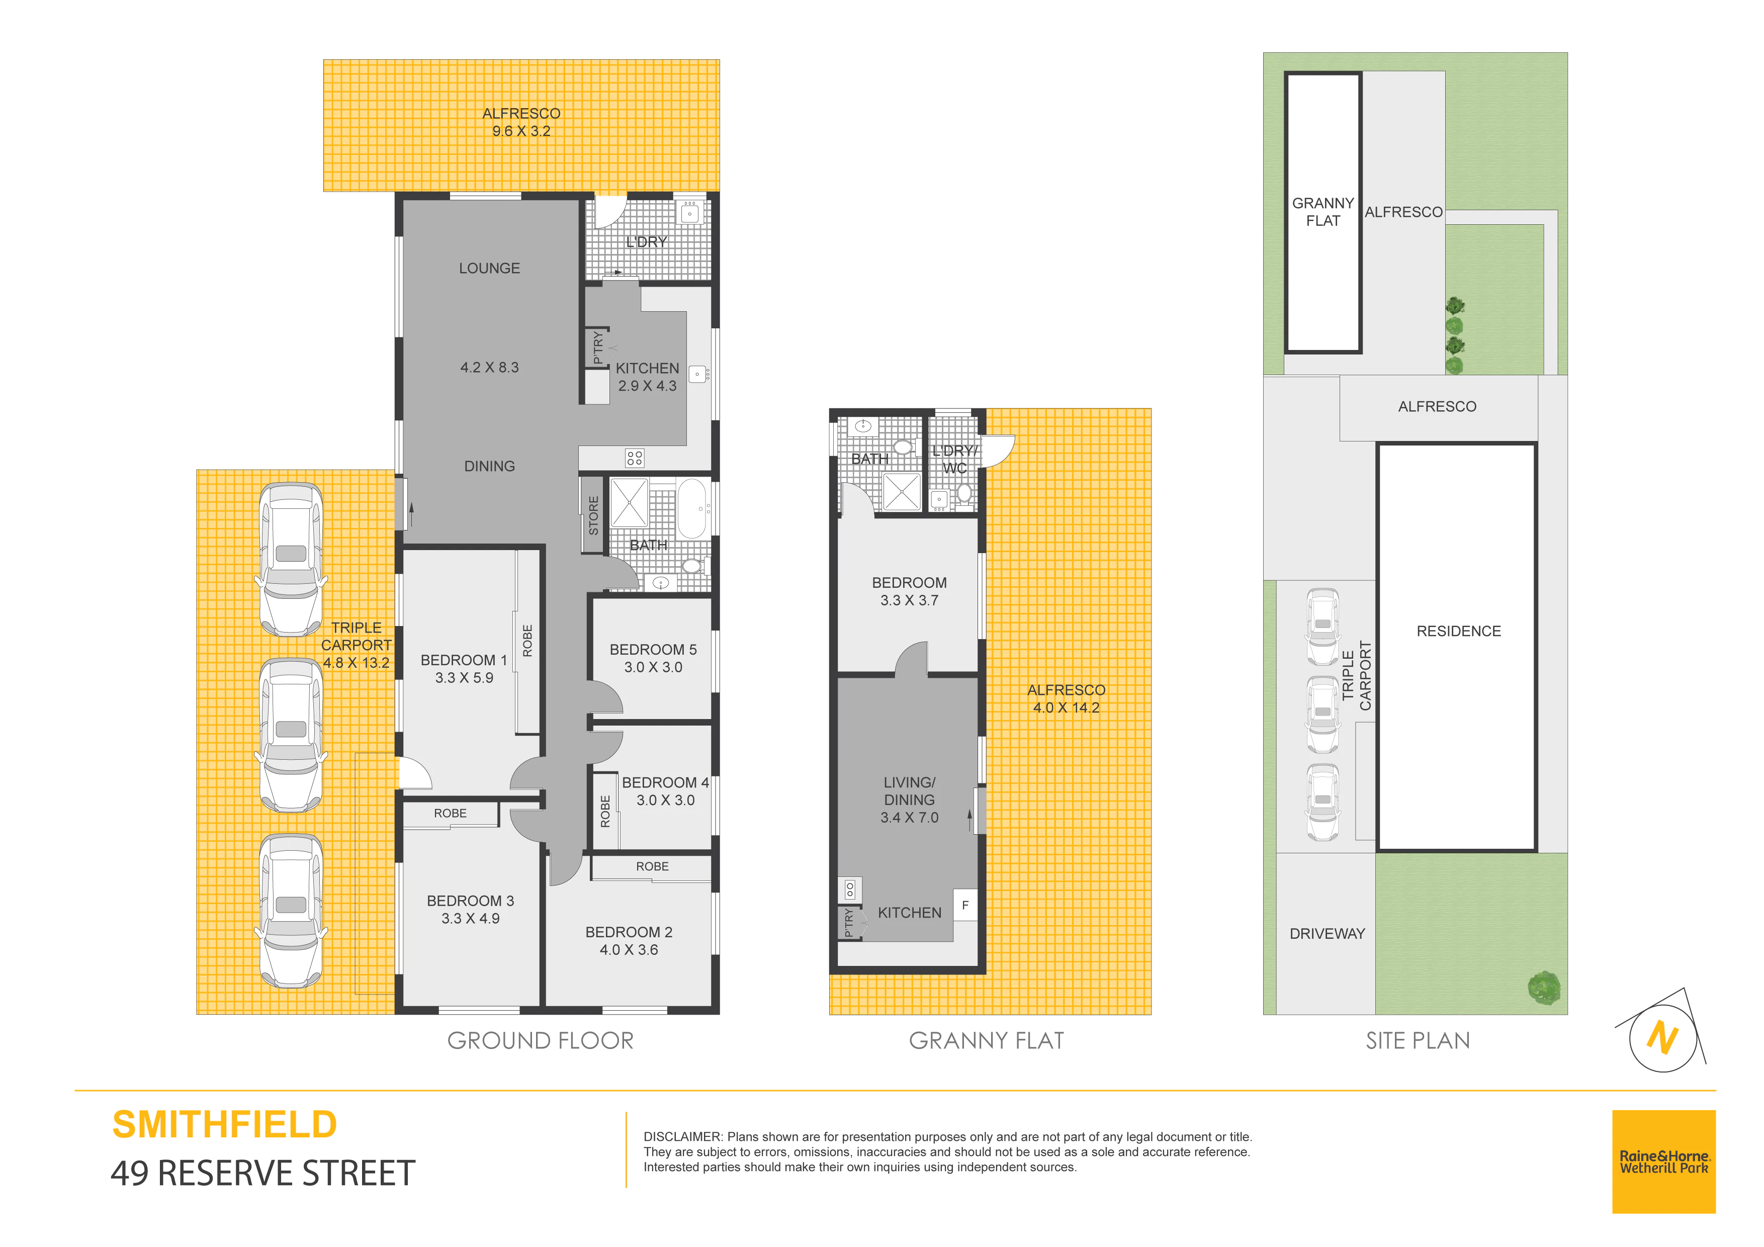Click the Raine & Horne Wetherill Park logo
click(x=1663, y=1162)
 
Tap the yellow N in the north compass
click(x=1662, y=1039)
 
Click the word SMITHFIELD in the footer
click(x=224, y=1125)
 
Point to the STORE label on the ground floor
click(x=593, y=515)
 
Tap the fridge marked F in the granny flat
click(x=965, y=905)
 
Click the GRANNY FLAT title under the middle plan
click(x=987, y=1041)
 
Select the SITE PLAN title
click(x=1418, y=1041)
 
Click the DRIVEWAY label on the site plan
click(x=1327, y=934)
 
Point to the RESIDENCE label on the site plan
click(x=1458, y=631)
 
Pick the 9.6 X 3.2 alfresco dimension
click(x=521, y=131)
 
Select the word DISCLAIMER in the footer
click(x=682, y=1136)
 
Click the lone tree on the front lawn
click(x=1544, y=988)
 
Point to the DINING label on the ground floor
click(x=489, y=467)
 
